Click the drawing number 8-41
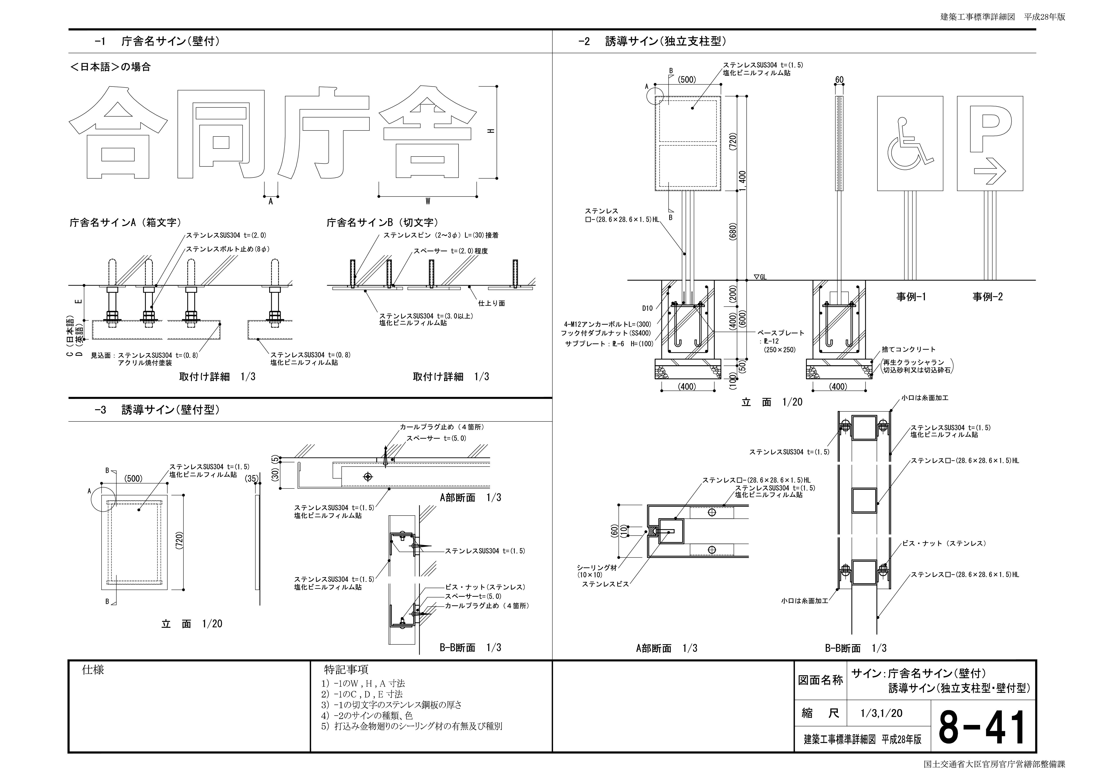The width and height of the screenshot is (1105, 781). (x=982, y=728)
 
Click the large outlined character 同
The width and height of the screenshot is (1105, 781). (x=221, y=135)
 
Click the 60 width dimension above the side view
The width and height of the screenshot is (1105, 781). (x=839, y=80)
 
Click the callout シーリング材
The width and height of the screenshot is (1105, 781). (x=597, y=568)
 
